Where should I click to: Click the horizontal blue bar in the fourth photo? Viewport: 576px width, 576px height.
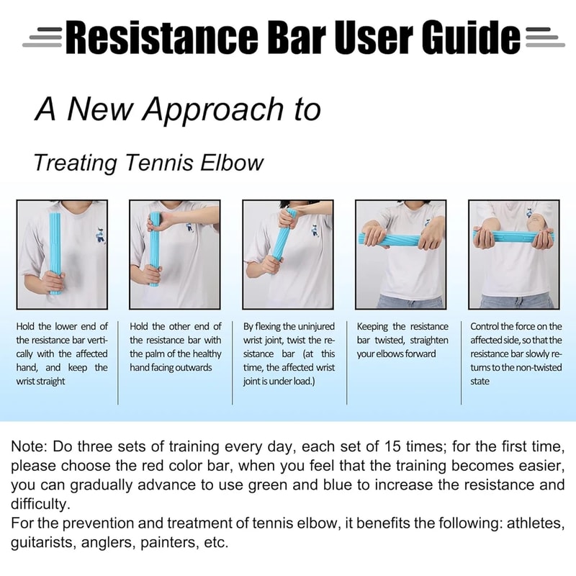(x=401, y=239)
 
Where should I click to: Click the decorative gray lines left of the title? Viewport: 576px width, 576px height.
(x=42, y=36)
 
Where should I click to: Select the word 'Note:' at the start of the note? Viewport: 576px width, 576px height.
(x=27, y=447)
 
